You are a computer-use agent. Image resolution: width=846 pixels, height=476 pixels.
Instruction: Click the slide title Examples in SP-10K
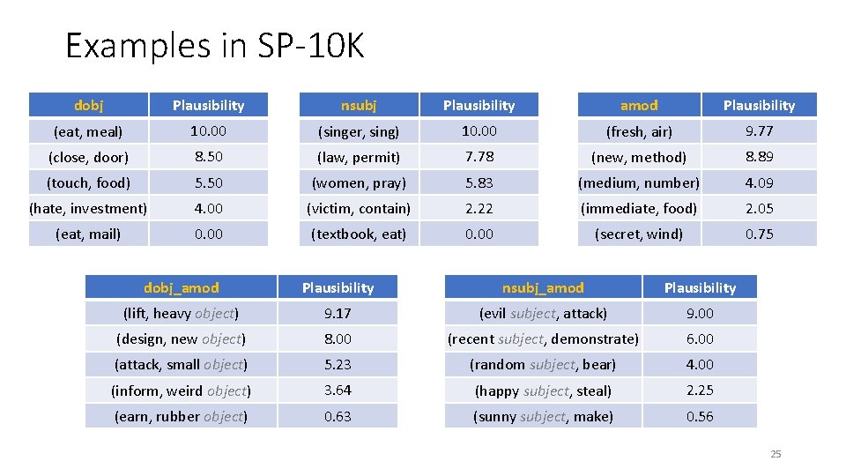(x=214, y=46)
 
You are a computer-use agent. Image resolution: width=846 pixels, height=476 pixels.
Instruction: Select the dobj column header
(x=88, y=105)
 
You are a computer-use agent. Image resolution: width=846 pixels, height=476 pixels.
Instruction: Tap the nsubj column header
(x=359, y=105)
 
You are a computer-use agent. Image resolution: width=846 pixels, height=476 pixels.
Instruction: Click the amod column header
(x=639, y=105)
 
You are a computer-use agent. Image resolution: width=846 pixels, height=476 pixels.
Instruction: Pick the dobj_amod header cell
(x=182, y=287)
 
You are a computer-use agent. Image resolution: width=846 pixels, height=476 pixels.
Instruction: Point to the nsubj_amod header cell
(x=543, y=287)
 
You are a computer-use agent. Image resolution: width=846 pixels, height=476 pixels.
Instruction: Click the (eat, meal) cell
(x=88, y=131)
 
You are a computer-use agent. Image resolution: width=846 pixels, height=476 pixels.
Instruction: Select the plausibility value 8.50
(x=209, y=157)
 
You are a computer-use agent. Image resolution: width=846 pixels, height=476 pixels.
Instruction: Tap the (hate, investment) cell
(x=88, y=208)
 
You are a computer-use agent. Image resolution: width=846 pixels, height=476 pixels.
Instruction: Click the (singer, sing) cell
(x=359, y=131)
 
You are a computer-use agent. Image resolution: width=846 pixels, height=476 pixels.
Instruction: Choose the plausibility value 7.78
(x=479, y=157)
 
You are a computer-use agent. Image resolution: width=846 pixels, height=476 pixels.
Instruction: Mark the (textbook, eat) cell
(x=359, y=234)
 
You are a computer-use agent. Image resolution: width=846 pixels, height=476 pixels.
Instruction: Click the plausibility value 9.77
(x=759, y=131)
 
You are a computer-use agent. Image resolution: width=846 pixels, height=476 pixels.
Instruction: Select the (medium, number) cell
(x=639, y=182)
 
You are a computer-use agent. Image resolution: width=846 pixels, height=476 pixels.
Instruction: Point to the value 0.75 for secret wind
(x=759, y=234)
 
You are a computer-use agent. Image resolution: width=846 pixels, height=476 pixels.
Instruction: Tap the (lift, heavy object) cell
(x=182, y=313)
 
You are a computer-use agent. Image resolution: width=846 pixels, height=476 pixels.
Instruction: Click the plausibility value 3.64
(x=338, y=390)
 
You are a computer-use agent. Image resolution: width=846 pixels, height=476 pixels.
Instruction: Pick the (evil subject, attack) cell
(x=543, y=313)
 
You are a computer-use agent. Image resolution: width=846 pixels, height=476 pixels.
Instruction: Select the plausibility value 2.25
(x=700, y=390)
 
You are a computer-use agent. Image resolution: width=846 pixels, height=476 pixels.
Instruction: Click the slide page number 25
(x=775, y=454)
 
